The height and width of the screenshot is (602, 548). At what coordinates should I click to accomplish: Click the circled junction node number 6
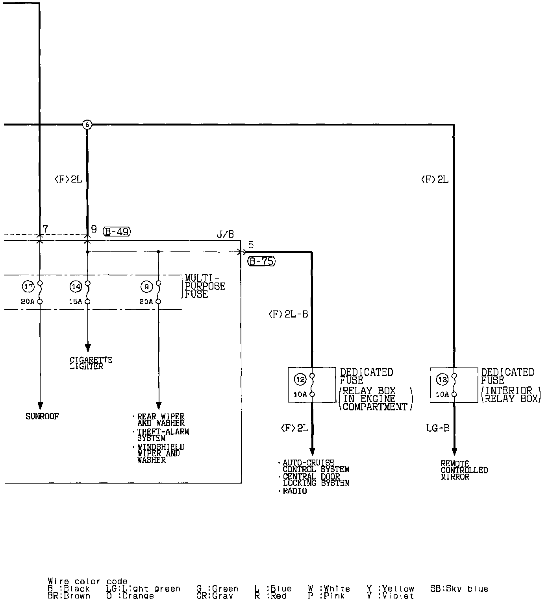pyautogui.click(x=87, y=125)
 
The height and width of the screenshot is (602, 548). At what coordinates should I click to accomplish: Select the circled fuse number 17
pyautogui.click(x=28, y=287)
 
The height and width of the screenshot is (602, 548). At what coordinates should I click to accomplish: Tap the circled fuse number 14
pyautogui.click(x=76, y=287)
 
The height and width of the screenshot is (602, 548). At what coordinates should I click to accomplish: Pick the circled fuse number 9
pyautogui.click(x=146, y=287)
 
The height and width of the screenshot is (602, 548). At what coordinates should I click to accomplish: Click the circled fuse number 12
pyautogui.click(x=300, y=379)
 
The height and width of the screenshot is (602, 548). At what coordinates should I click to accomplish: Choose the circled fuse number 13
pyautogui.click(x=442, y=379)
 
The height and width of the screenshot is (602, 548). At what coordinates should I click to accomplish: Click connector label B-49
pyautogui.click(x=117, y=231)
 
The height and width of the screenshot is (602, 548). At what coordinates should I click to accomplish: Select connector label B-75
pyautogui.click(x=261, y=261)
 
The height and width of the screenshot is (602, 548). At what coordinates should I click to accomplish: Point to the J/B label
pyautogui.click(x=225, y=235)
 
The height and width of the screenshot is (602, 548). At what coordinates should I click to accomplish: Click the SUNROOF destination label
pyautogui.click(x=42, y=417)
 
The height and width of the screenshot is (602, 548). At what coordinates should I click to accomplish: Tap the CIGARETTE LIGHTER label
pyautogui.click(x=91, y=363)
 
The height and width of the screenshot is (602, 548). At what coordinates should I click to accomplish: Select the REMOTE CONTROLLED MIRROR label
pyautogui.click(x=464, y=470)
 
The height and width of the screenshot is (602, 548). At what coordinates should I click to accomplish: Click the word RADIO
pyautogui.click(x=294, y=491)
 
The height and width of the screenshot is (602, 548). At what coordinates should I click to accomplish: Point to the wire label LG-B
pyautogui.click(x=437, y=428)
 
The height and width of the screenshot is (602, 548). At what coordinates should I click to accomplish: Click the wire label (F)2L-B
pyautogui.click(x=288, y=314)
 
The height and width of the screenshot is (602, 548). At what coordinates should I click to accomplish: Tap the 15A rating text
pyautogui.click(x=76, y=302)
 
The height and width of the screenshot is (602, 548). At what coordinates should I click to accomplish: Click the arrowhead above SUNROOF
pyautogui.click(x=40, y=406)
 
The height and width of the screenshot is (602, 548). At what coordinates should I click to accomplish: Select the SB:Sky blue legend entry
pyautogui.click(x=459, y=589)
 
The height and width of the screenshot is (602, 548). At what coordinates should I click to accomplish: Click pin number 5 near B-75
pyautogui.click(x=251, y=245)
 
